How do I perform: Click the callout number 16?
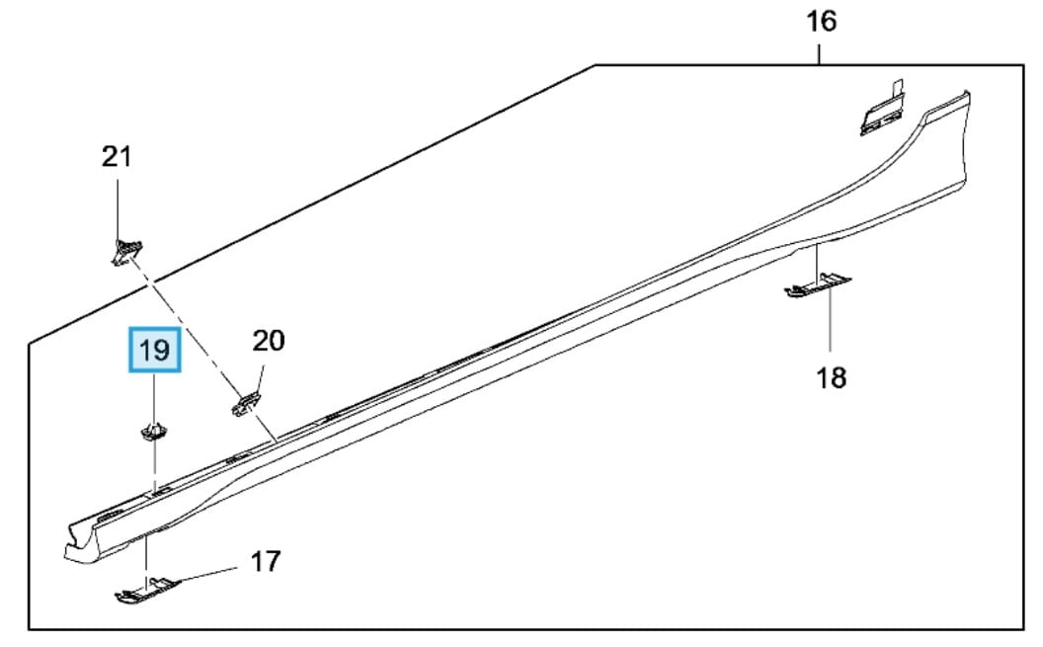click(821, 21)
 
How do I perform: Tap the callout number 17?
click(264, 562)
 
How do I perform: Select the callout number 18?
click(832, 377)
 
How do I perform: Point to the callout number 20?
click(268, 341)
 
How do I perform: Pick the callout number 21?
click(117, 156)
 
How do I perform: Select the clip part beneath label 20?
click(247, 402)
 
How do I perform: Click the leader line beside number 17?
click(208, 573)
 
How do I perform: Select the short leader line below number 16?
click(821, 51)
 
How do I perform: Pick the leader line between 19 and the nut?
click(154, 395)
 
